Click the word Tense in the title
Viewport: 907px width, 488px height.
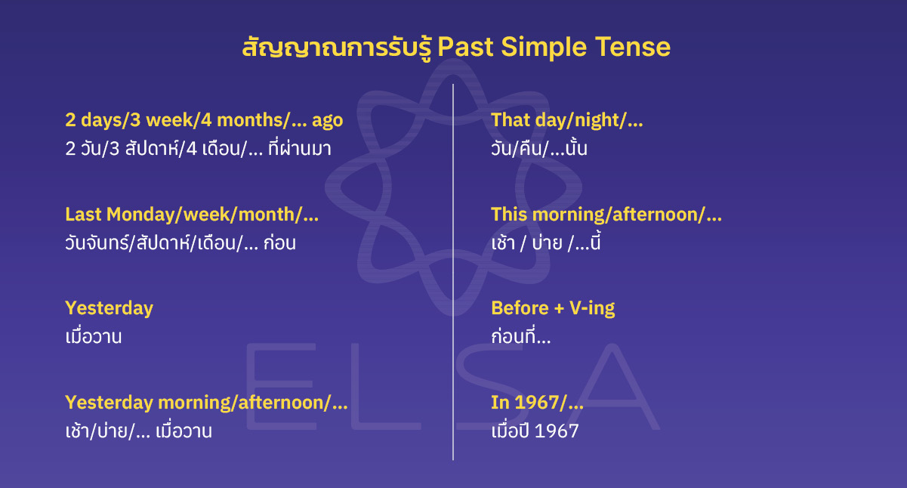click(633, 48)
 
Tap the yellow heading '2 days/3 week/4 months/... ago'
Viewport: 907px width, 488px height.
click(204, 120)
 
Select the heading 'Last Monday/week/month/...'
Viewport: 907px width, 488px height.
click(192, 215)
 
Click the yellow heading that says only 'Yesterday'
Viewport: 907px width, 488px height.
click(109, 308)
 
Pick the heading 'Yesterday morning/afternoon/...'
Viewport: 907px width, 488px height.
click(206, 403)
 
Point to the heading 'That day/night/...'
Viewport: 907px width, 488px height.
click(566, 120)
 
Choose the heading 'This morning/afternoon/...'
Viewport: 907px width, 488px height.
click(606, 215)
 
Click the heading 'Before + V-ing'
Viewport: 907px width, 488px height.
click(553, 308)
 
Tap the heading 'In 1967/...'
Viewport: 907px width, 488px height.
click(537, 403)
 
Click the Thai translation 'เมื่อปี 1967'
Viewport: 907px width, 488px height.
click(535, 431)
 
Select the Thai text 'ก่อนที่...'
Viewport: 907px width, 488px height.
click(520, 337)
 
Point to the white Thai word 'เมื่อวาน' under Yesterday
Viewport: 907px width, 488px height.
click(94, 337)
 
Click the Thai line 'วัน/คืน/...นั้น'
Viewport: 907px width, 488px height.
click(538, 149)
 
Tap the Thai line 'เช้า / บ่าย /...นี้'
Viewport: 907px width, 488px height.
click(545, 243)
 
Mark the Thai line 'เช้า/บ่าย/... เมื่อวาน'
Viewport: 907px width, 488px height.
click(138, 431)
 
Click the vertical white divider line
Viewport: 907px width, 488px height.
click(453, 272)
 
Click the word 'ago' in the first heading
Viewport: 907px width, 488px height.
click(327, 120)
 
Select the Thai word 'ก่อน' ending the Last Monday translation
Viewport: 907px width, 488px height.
click(280, 243)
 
